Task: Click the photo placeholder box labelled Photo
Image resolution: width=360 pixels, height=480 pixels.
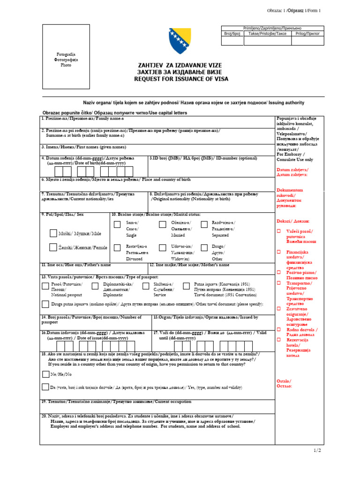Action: [x=66, y=59]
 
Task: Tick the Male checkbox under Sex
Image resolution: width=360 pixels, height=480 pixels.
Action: [x=53, y=233]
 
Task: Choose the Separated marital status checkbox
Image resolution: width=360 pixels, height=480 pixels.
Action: [x=202, y=225]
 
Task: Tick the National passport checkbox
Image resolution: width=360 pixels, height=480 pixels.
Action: [x=45, y=286]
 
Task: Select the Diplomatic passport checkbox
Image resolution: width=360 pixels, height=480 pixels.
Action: [x=95, y=286]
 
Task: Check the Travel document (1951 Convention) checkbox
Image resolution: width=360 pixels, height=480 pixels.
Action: [x=186, y=286]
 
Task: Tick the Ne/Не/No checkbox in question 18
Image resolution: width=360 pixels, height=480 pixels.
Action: [x=45, y=374]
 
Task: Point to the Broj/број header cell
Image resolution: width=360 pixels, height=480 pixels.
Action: [x=232, y=34]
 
